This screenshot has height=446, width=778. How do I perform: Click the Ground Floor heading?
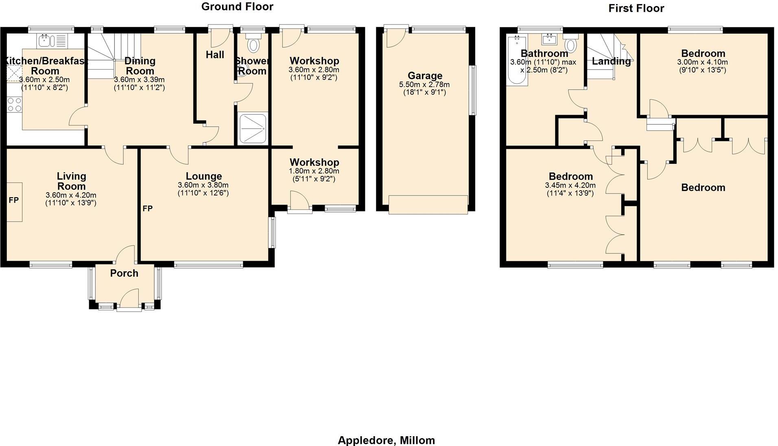pyautogui.click(x=237, y=7)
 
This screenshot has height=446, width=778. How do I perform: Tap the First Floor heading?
pyautogui.click(x=636, y=8)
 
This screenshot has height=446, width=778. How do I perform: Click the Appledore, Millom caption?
pyautogui.click(x=386, y=440)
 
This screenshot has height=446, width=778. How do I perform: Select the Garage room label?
pyautogui.click(x=425, y=76)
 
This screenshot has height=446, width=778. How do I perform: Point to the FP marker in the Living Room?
pyautogui.click(x=14, y=200)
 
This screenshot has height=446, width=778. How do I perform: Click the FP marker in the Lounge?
pyautogui.click(x=147, y=209)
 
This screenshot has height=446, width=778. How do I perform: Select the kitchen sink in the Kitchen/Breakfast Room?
pyautogui.click(x=44, y=40)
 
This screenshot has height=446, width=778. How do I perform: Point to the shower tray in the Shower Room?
pyautogui.click(x=253, y=128)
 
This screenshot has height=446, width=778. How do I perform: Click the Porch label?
pyautogui.click(x=124, y=273)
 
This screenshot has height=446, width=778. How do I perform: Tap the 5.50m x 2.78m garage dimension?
pyautogui.click(x=425, y=85)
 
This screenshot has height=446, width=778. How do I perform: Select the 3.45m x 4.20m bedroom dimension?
pyautogui.click(x=570, y=185)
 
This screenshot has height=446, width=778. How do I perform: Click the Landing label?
pyautogui.click(x=611, y=62)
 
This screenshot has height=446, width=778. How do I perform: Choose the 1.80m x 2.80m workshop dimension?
pyautogui.click(x=314, y=171)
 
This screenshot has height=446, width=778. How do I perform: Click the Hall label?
pyautogui.click(x=215, y=55)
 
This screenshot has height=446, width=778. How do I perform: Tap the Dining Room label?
pyautogui.click(x=140, y=66)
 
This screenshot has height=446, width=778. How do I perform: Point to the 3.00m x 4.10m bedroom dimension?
pyautogui.click(x=703, y=62)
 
